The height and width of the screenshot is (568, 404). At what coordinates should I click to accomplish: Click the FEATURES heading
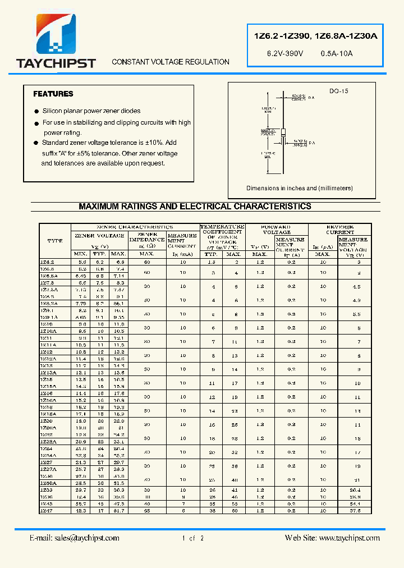pyautogui.click(x=53, y=94)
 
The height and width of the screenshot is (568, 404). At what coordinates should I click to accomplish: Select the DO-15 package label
pyautogui.click(x=338, y=91)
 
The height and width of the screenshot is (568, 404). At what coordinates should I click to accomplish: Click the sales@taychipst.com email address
pyautogui.click(x=74, y=538)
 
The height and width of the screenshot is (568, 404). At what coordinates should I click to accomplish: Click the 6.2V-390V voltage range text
pyautogui.click(x=284, y=53)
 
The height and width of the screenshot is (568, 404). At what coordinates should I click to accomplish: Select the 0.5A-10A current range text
pyautogui.click(x=337, y=53)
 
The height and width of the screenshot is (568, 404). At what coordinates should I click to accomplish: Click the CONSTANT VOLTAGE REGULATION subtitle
pyautogui.click(x=171, y=62)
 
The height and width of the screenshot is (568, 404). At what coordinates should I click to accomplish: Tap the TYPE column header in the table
pyautogui.click(x=55, y=241)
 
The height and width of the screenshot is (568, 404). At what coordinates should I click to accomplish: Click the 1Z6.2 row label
pyautogui.click(x=48, y=262)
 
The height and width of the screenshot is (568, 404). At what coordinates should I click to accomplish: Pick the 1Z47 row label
pyautogui.click(x=47, y=511)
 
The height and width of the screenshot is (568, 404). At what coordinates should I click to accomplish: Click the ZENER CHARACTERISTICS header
pyautogui.click(x=135, y=227)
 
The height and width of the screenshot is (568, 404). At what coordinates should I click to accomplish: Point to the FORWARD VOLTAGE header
pyautogui.click(x=277, y=230)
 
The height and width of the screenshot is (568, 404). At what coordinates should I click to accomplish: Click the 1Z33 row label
pyautogui.click(x=47, y=489)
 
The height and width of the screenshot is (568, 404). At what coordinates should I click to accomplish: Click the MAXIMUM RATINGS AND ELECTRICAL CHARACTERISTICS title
pyautogui.click(x=195, y=207)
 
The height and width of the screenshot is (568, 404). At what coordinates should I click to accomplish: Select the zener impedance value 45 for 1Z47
pyautogui.click(x=147, y=511)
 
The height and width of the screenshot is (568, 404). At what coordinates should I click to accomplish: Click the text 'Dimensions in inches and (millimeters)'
pyautogui.click(x=300, y=189)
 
